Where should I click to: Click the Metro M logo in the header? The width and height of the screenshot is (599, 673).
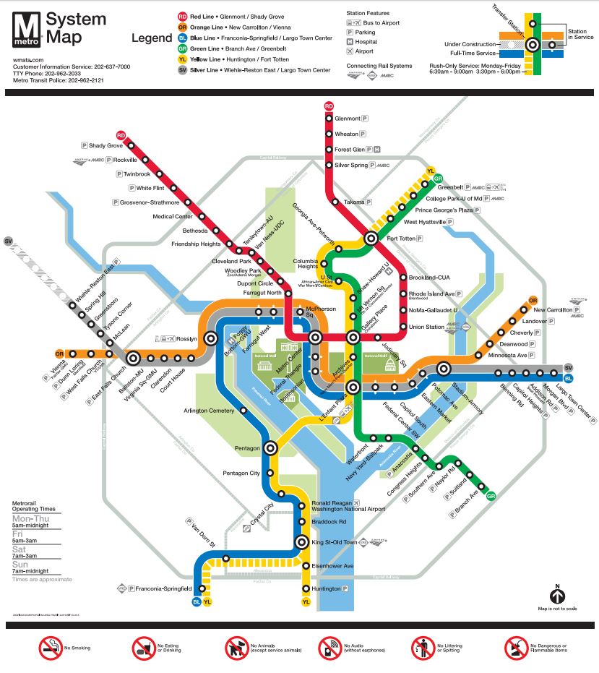click(x=27, y=30)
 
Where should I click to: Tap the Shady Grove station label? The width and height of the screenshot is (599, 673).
click(x=106, y=145)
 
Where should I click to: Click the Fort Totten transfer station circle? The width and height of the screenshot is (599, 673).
click(x=371, y=238)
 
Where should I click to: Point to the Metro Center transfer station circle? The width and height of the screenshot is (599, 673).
click(x=315, y=337)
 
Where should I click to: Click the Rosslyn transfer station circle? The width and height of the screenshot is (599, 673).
click(x=211, y=338)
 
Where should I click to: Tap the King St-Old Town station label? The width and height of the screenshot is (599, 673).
click(x=335, y=542)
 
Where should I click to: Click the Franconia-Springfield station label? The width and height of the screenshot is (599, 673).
click(x=160, y=588)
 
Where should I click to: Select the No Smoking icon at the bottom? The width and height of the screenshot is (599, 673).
click(x=51, y=648)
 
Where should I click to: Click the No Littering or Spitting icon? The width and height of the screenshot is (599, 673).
click(x=423, y=648)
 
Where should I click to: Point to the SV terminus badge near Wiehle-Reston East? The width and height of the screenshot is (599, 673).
click(x=9, y=241)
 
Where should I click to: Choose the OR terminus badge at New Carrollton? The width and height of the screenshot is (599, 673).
click(x=533, y=300)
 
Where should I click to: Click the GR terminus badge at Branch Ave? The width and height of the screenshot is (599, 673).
click(x=491, y=496)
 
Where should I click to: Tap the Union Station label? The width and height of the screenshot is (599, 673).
click(x=426, y=327)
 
